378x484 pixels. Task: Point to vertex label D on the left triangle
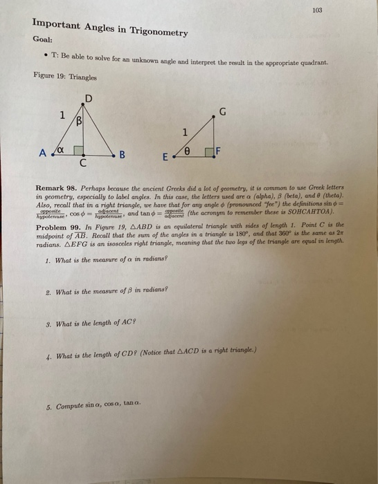[87, 99]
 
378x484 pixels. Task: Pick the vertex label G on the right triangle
[222, 111]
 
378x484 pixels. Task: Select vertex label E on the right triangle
[165, 157]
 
